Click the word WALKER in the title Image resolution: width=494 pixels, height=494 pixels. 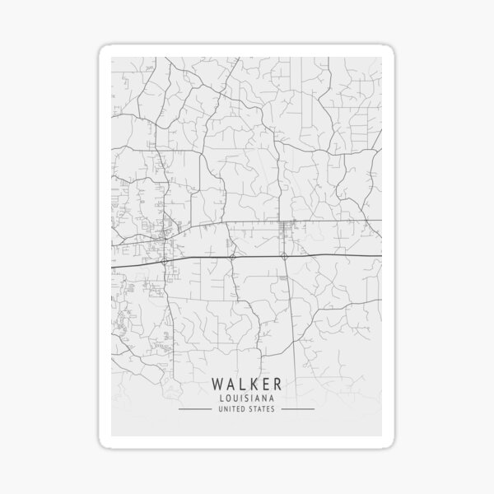[246, 384]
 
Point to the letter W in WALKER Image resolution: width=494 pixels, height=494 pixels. [218, 384]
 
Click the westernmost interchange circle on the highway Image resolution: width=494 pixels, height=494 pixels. [165, 260]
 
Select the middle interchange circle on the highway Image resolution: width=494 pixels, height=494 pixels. [233, 258]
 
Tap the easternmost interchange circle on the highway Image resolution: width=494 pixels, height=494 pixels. [283, 256]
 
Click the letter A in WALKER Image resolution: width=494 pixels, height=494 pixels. [231, 384]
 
